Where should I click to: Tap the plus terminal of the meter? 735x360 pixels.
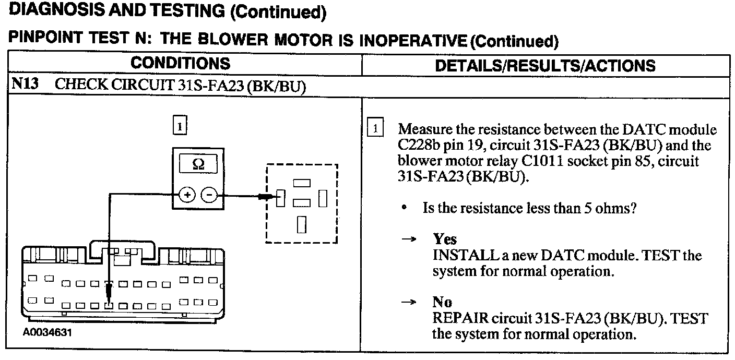(x=186, y=196)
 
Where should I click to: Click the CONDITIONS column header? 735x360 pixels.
(x=180, y=64)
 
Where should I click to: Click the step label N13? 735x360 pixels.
(x=25, y=85)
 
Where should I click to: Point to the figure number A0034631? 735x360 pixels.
(x=47, y=332)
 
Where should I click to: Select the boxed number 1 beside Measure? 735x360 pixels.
(x=376, y=128)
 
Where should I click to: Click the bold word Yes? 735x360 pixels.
(x=445, y=239)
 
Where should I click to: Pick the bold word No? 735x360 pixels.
(x=442, y=302)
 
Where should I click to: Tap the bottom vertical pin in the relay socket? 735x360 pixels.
(x=301, y=224)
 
